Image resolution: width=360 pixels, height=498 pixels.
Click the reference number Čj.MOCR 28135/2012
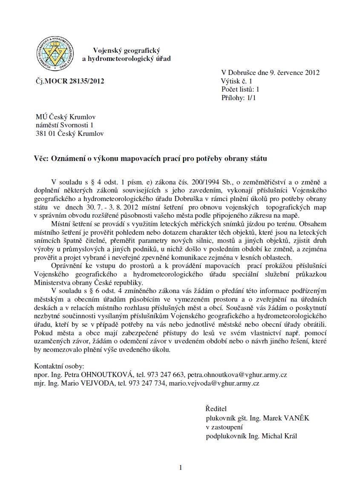[70, 81]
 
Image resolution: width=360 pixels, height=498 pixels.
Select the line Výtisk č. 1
[237, 81]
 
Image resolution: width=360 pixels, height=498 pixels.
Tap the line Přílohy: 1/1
[239, 98]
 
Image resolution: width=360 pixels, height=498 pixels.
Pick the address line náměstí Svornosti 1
[64, 125]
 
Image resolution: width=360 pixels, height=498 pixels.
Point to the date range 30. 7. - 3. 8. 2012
[95, 207]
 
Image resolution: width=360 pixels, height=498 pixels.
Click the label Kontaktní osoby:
[59, 366]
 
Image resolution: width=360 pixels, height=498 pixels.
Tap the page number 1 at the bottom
[181, 468]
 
